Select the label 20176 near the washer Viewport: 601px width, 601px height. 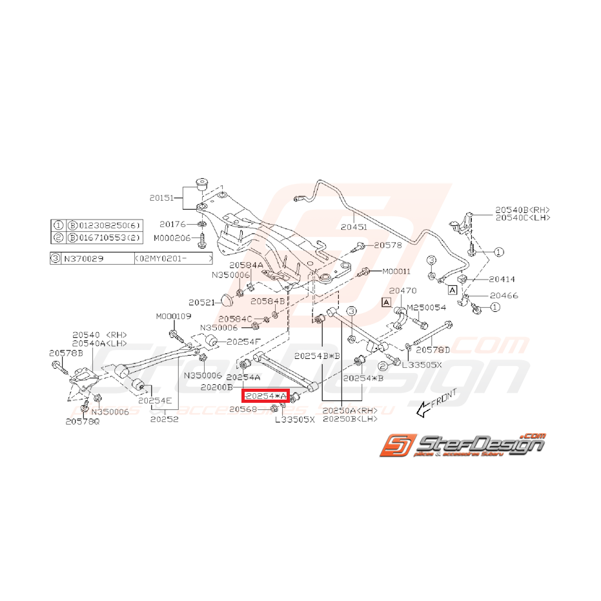pos(173,224)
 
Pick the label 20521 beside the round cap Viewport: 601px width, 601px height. pos(201,301)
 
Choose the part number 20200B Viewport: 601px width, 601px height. pos(217,387)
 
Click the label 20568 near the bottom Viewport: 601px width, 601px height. pos(243,409)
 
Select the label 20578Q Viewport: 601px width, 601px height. pos(83,422)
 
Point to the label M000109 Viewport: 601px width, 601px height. pos(173,316)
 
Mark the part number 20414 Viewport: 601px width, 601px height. pos(502,280)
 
